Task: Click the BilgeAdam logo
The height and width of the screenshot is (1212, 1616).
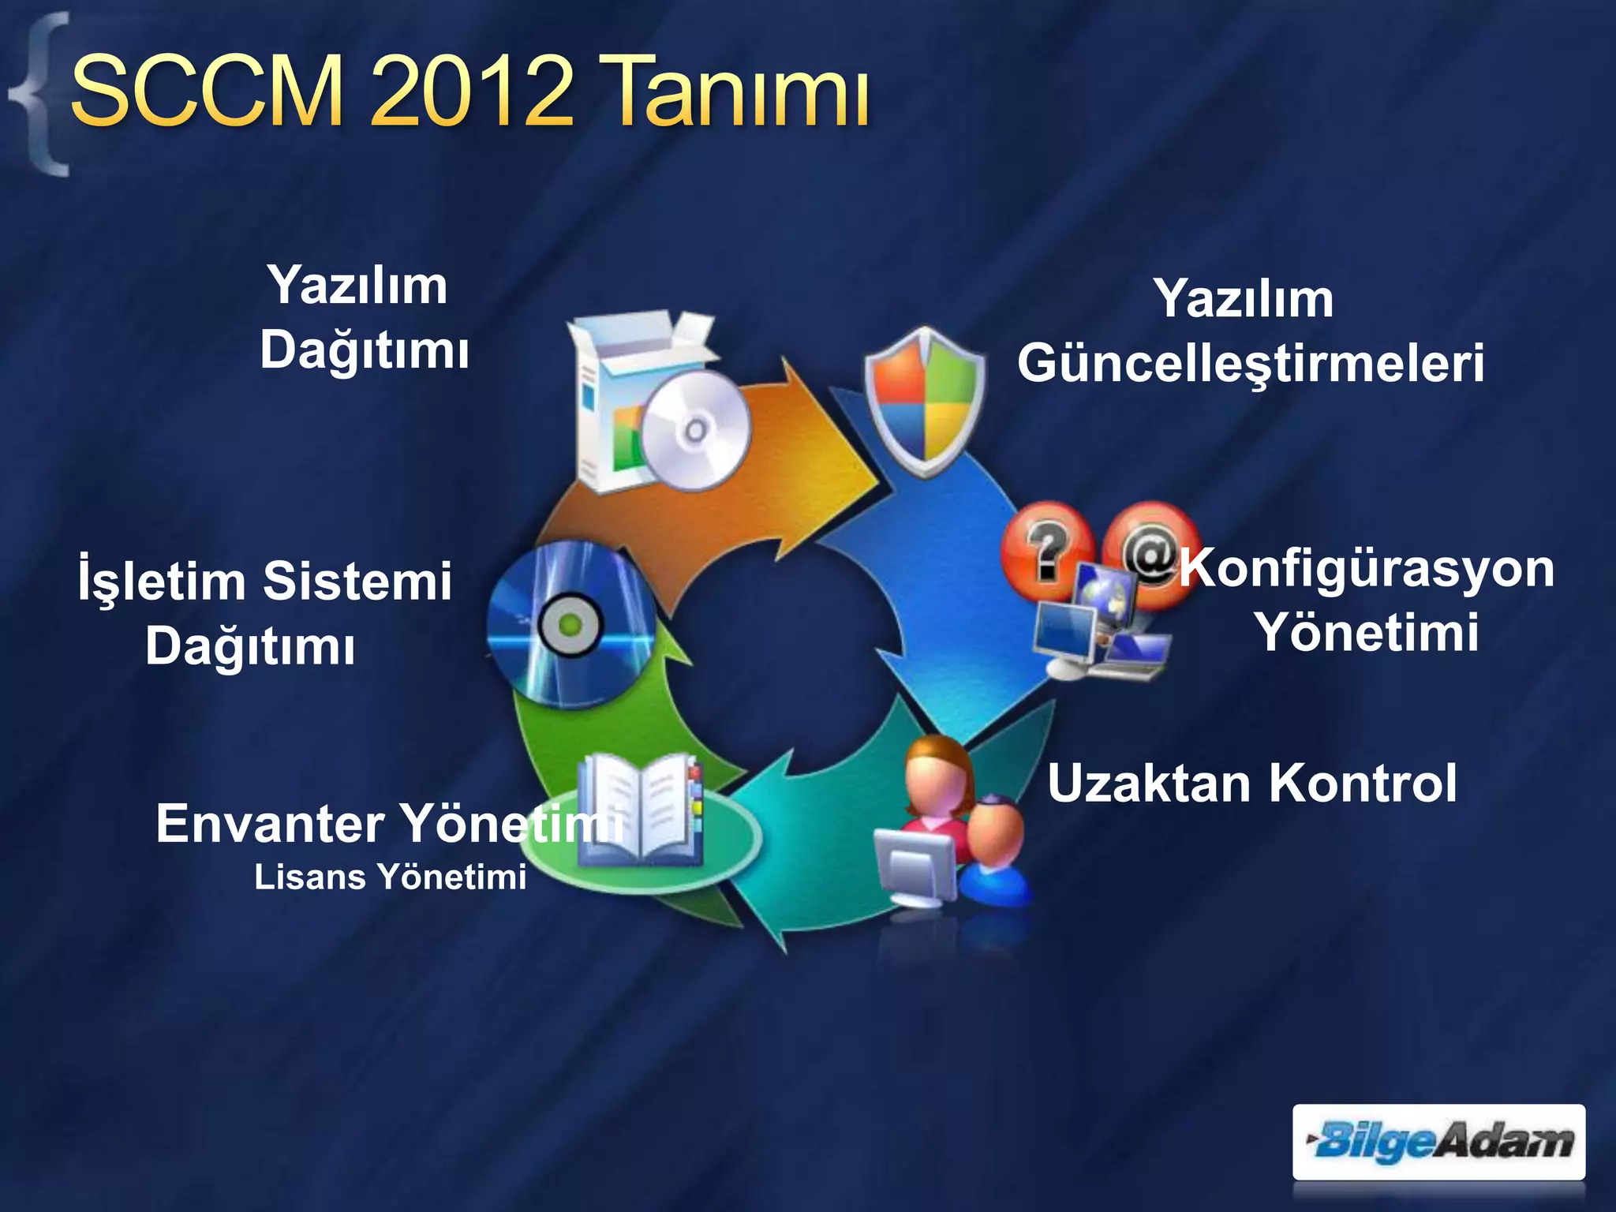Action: coord(1438,1142)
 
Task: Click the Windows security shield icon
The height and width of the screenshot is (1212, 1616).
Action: coord(925,401)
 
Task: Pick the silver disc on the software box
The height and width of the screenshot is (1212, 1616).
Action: coord(694,431)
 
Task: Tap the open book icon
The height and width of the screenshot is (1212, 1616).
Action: coord(639,809)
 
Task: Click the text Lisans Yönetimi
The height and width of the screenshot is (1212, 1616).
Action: coord(390,877)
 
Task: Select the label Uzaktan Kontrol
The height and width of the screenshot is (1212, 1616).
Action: coord(1252,784)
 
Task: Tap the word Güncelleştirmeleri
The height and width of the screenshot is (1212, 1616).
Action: coord(1251,364)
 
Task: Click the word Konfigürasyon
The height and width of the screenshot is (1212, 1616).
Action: coord(1367,568)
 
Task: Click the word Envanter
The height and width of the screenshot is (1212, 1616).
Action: coord(270,824)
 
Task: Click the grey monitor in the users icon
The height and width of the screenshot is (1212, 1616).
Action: coord(915,868)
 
